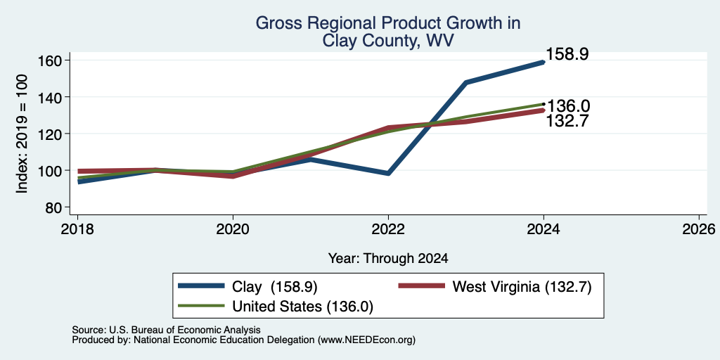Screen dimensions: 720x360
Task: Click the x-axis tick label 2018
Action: (78, 229)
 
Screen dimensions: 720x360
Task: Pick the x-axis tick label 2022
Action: (388, 229)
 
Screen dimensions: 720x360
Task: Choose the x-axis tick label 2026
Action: (699, 229)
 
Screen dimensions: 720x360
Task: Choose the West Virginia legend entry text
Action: (522, 288)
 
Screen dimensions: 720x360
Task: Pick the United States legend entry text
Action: (302, 307)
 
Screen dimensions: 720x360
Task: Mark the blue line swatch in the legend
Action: (201, 286)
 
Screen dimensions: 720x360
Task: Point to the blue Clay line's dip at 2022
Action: (388, 174)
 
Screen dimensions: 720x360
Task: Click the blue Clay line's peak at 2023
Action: (466, 83)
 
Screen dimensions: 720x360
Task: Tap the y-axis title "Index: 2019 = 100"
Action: (22, 134)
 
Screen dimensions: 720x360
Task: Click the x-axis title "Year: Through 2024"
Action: (388, 259)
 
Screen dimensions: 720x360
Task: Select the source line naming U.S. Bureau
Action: (166, 330)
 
